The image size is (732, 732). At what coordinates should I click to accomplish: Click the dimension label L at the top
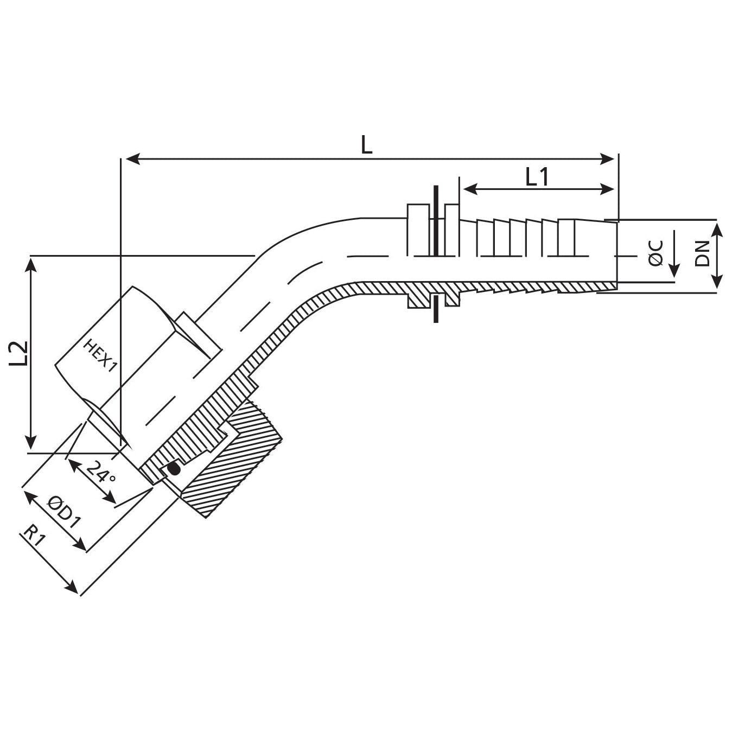coord(367,145)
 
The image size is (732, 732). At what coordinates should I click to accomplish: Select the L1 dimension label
coord(537,177)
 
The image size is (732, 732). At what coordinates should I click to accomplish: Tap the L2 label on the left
coord(19,353)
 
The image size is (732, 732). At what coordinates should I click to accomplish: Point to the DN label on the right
coord(702,253)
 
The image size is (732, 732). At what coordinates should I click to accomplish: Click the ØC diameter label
coord(656,253)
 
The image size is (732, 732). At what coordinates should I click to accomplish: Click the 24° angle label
coord(100,471)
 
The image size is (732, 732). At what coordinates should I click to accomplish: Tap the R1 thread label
coord(34,537)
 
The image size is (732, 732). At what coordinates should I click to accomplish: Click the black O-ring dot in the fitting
coord(174,469)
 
